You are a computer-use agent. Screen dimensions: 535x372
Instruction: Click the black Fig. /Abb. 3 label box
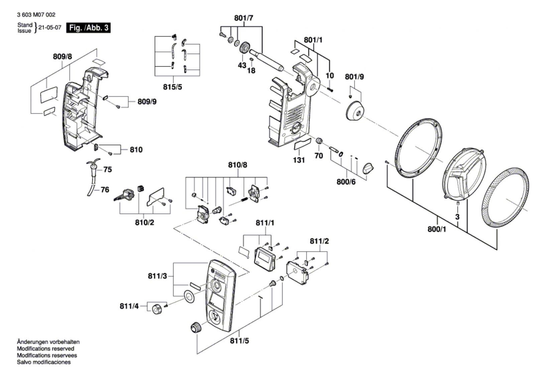point(88,28)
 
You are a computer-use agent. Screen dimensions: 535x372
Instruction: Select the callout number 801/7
point(244,18)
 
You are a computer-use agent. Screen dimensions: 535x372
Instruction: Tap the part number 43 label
point(242,65)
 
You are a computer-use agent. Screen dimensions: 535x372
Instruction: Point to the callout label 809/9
point(147,102)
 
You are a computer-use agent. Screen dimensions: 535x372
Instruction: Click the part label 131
point(299,160)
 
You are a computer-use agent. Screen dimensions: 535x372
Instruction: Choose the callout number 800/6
point(346,182)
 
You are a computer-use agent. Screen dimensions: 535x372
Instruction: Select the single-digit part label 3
point(457,217)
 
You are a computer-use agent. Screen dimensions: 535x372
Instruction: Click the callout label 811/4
point(129,306)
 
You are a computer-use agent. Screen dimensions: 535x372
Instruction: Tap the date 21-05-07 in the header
point(50,27)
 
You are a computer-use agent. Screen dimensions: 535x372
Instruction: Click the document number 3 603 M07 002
point(36,15)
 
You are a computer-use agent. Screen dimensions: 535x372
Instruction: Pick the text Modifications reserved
point(45,349)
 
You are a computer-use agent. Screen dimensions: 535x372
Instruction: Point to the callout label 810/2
point(144,222)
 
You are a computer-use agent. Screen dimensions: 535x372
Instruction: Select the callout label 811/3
point(157,276)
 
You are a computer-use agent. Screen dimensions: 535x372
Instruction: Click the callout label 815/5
point(173,87)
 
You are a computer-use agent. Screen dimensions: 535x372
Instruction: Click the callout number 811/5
point(239,341)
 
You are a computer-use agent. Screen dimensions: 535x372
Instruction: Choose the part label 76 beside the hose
point(105,190)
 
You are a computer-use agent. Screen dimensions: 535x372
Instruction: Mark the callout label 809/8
point(62,57)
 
